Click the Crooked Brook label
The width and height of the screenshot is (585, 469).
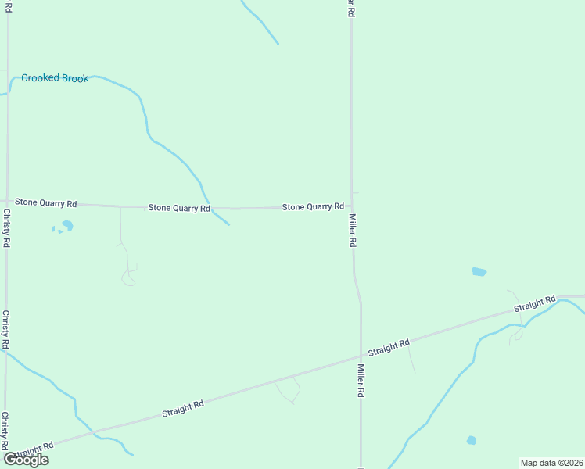[x=55, y=78]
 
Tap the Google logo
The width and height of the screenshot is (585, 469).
[x=27, y=460]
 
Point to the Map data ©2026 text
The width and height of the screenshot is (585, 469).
[x=551, y=463]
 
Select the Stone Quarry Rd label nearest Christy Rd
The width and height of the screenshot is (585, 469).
[x=46, y=203]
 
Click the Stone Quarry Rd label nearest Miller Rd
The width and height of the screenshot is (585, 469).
[x=313, y=206]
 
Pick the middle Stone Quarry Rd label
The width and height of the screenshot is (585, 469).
[x=179, y=208]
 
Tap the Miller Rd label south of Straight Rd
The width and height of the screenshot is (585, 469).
[x=361, y=381]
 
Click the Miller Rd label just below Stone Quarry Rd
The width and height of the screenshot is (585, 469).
[x=353, y=231]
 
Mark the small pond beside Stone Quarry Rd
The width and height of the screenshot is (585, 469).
[x=67, y=226]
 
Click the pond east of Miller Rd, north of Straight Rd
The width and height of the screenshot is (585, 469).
[x=479, y=272]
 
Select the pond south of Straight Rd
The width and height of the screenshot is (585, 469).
[x=472, y=441]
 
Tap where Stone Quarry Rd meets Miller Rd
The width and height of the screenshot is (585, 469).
[x=352, y=207]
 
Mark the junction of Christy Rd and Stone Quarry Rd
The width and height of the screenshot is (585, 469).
[x=7, y=202]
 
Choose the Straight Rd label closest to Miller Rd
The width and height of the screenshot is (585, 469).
[x=389, y=347]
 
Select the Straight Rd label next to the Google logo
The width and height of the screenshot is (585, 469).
[x=33, y=451]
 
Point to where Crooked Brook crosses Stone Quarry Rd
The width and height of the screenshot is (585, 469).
[x=209, y=209]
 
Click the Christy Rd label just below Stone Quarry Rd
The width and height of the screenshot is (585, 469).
[x=6, y=228]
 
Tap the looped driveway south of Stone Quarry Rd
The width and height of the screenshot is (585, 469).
[x=128, y=276]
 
